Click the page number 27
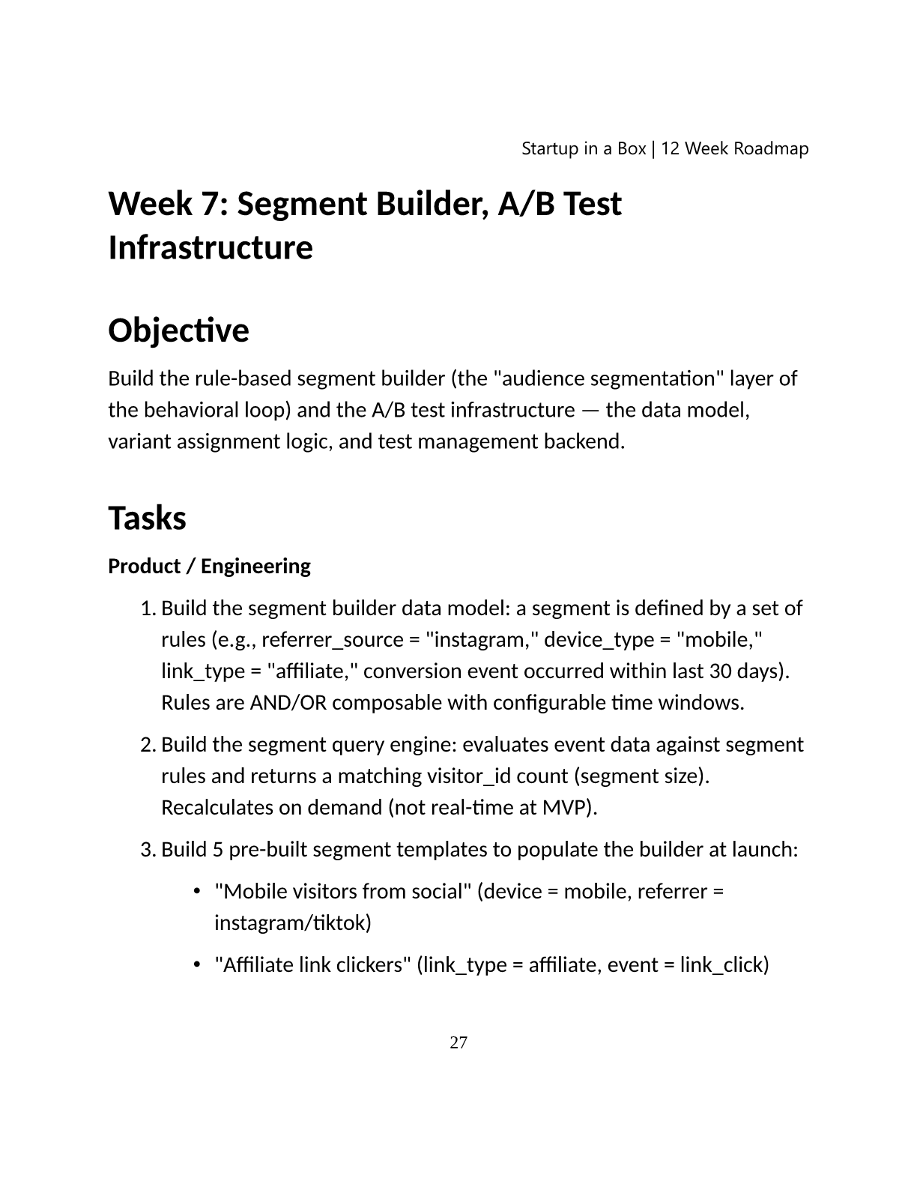coord(458,1042)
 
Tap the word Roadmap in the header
coord(771,148)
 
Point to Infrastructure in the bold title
coord(211,247)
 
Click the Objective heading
coord(178,330)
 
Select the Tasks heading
coord(147,518)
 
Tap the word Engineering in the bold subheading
coord(255,566)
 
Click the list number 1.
coord(147,608)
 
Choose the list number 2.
coord(147,745)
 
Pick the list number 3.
coord(147,850)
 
